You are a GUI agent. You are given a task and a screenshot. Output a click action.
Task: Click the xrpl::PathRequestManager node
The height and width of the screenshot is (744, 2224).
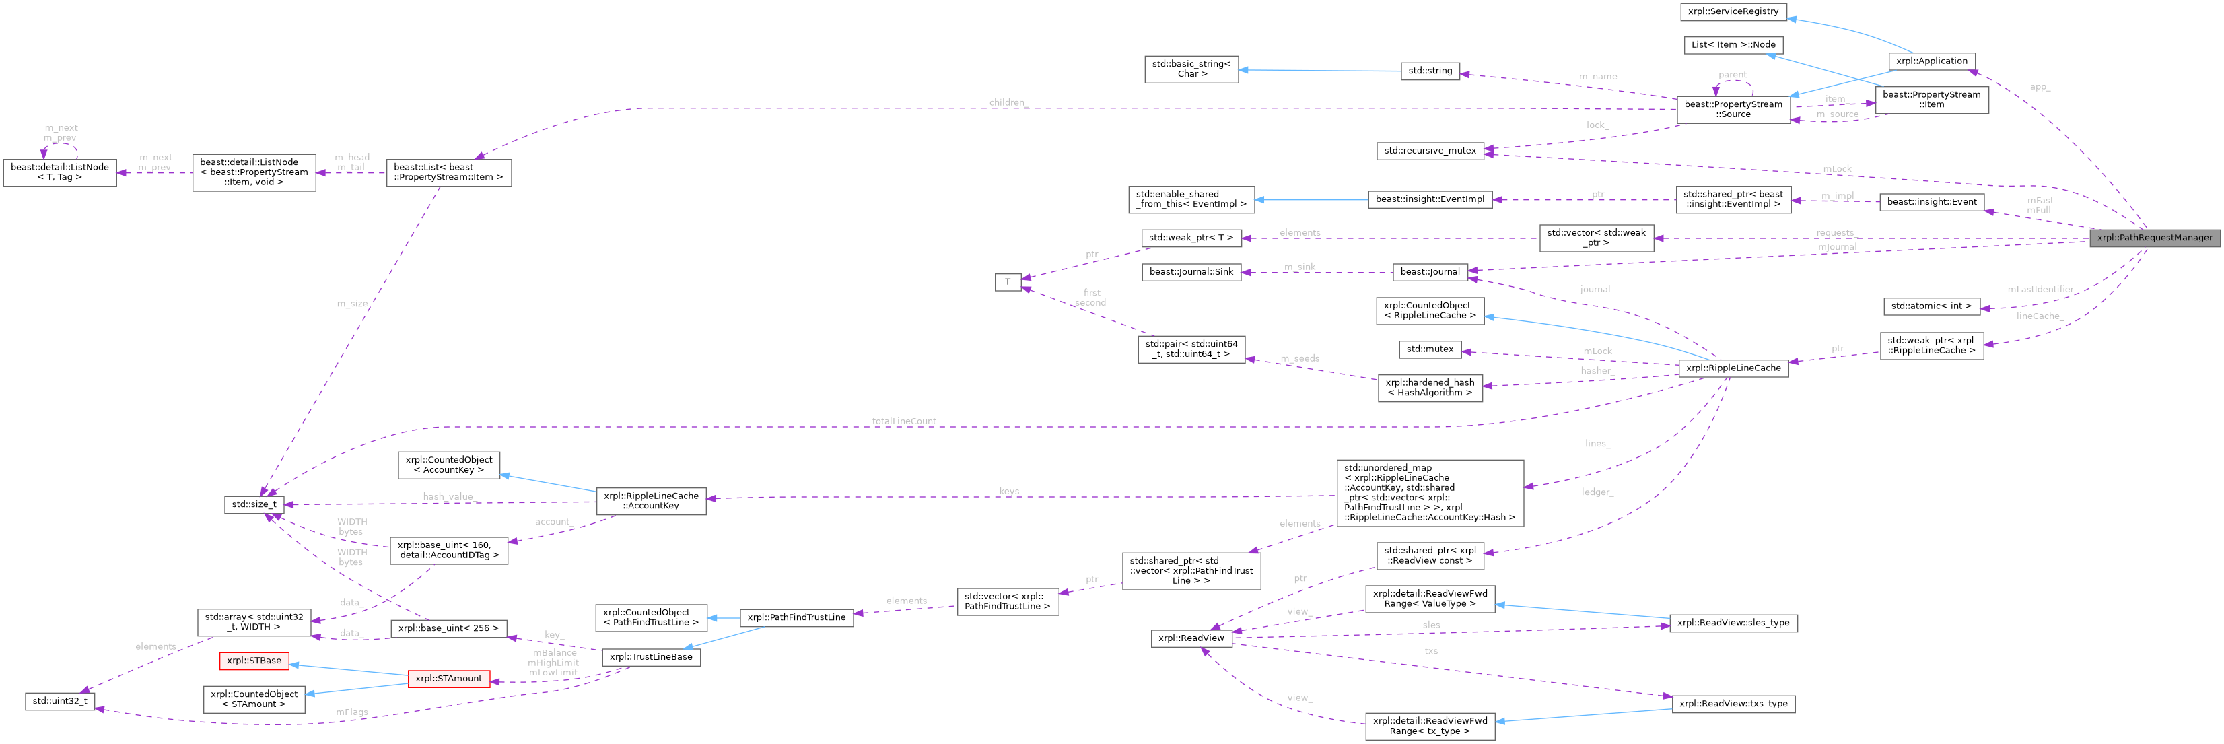click(x=2154, y=238)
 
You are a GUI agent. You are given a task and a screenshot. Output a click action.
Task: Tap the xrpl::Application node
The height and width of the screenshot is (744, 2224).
click(x=1931, y=61)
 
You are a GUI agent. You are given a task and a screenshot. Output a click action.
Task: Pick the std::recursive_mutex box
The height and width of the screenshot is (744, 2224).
click(x=1430, y=151)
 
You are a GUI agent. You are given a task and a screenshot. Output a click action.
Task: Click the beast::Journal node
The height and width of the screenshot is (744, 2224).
click(x=1430, y=272)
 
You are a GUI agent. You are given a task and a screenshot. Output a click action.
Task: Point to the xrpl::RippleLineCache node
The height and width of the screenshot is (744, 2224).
click(x=1733, y=368)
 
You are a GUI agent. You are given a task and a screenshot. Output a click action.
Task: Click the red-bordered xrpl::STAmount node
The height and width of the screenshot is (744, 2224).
click(x=449, y=679)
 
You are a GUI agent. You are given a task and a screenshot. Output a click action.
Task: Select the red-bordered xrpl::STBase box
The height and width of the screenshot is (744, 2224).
click(x=254, y=661)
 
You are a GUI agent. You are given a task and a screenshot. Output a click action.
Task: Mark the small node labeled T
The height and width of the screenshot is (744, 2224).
click(x=1008, y=281)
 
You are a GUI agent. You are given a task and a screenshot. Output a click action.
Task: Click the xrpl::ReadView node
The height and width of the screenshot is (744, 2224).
click(x=1191, y=638)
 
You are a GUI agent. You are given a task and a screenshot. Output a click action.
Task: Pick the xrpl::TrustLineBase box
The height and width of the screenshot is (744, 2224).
click(x=651, y=657)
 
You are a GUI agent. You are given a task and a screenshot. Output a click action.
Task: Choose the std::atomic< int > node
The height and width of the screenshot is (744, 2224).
click(x=1931, y=306)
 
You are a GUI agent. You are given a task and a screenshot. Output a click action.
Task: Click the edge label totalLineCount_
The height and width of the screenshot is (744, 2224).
click(x=904, y=421)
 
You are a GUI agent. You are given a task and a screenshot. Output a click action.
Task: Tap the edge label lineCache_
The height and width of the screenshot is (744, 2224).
click(x=2038, y=316)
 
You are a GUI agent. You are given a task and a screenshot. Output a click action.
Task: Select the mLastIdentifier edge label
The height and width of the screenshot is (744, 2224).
click(x=2040, y=289)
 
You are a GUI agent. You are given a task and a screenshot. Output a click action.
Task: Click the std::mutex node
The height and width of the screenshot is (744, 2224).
click(x=1430, y=349)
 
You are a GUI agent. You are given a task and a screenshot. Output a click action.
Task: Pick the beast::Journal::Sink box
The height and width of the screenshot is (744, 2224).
click(x=1191, y=272)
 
